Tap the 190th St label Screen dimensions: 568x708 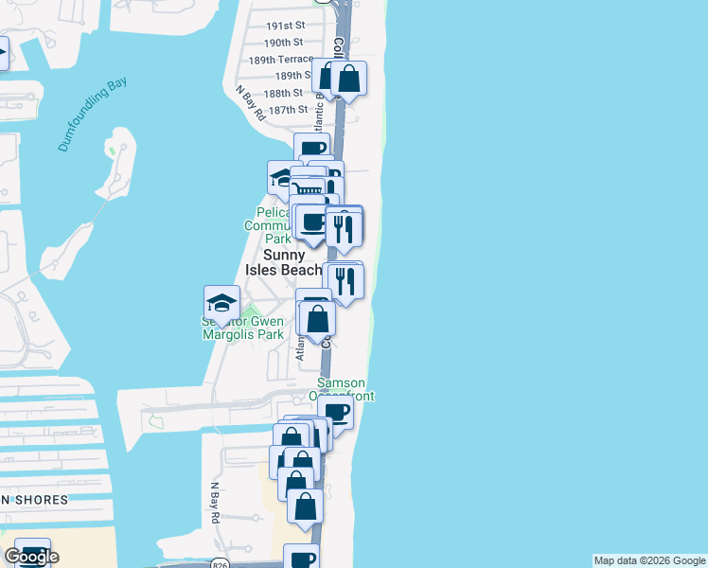(283, 43)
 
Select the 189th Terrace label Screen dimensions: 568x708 (280, 59)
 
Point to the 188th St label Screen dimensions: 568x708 (283, 94)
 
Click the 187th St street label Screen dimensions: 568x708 (288, 110)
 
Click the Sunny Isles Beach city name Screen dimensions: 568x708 (283, 262)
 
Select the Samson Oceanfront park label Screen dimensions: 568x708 (341, 389)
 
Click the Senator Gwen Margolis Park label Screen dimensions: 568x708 (242, 328)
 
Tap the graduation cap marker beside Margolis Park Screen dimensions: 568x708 (221, 304)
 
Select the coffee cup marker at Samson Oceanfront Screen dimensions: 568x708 (335, 413)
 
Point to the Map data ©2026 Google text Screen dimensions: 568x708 (649, 560)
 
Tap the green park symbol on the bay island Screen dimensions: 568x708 (112, 150)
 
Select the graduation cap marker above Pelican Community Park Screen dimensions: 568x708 (281, 177)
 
